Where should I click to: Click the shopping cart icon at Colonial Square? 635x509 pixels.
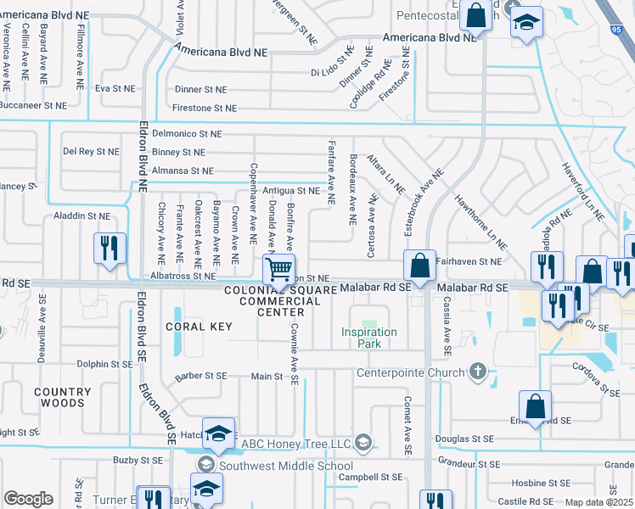pos(278,270)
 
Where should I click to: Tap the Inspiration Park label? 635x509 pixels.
pos(369,332)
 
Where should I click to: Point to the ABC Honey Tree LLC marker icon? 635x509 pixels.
pos(363,442)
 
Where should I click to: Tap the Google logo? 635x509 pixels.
pos(28,499)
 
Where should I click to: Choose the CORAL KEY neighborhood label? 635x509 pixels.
pos(199,326)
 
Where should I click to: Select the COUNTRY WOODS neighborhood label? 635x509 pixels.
pos(63,398)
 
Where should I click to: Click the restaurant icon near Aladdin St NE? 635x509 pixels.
pos(110,249)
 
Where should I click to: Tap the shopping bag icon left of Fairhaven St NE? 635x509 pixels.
pos(419,266)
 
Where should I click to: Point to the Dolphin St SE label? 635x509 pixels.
pos(104,364)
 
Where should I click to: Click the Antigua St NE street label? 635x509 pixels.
pos(292,191)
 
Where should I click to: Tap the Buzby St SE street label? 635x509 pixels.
pos(138,460)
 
